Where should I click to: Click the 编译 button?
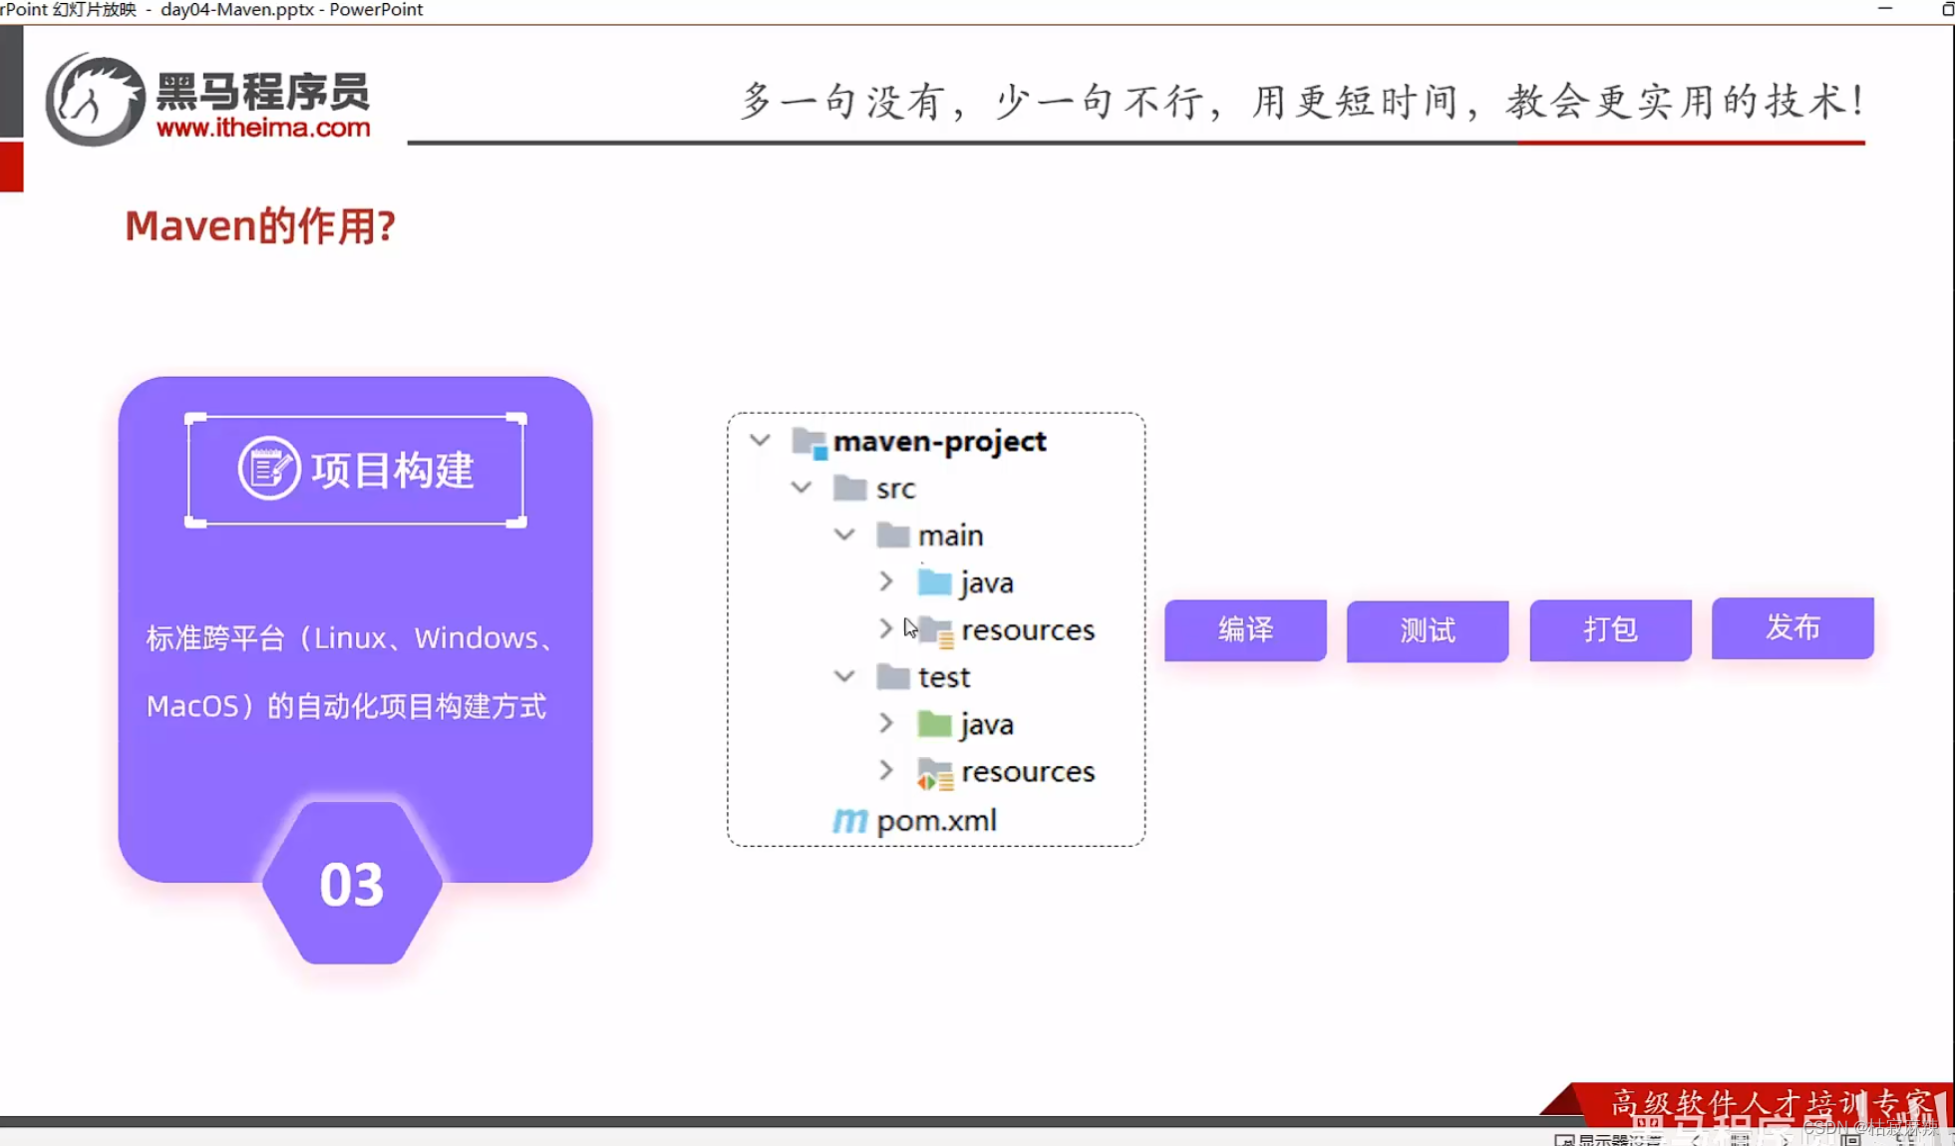click(x=1245, y=629)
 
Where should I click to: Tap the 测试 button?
click(x=1427, y=630)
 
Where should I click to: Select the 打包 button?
click(x=1610, y=629)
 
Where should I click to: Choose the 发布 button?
click(x=1792, y=627)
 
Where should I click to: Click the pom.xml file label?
click(x=936, y=820)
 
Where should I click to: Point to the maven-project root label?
click(x=939, y=441)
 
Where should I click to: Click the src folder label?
click(x=895, y=489)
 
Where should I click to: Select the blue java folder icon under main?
click(x=934, y=582)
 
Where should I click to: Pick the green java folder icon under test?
click(x=934, y=724)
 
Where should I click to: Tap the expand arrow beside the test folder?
click(x=844, y=677)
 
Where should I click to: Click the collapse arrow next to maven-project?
click(x=760, y=441)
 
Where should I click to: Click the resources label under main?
click(x=1028, y=630)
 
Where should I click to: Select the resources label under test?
click(x=1028, y=772)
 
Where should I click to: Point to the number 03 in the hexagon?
click(x=351, y=885)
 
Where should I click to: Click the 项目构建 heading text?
click(x=392, y=470)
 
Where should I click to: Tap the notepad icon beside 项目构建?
click(x=268, y=468)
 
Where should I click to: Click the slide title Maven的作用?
click(x=260, y=226)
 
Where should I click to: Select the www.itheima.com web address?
click(x=263, y=128)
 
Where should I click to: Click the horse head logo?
click(x=95, y=100)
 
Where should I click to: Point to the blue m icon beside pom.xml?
click(x=849, y=820)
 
